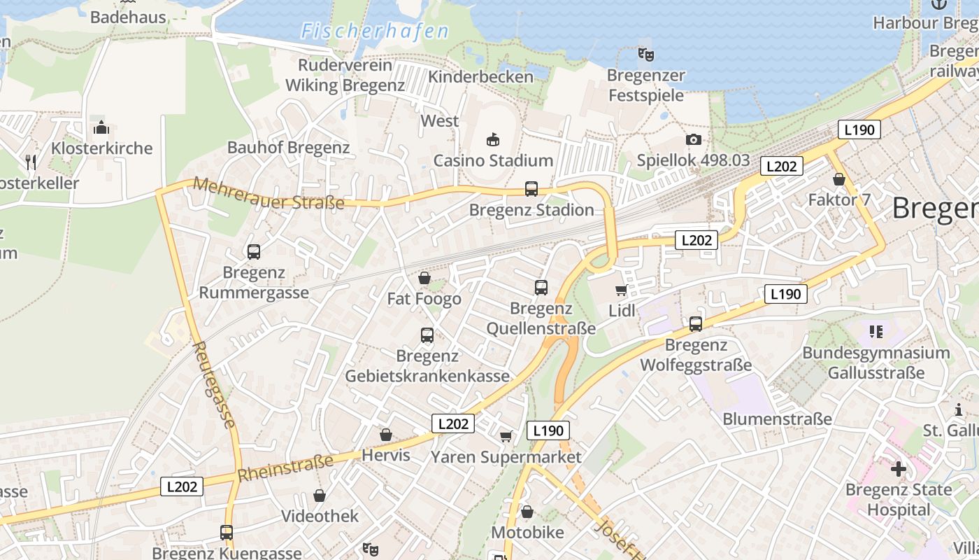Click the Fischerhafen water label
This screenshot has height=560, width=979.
coord(375,31)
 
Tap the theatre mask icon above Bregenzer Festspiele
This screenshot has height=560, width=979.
coord(645,54)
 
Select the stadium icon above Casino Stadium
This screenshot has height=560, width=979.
coord(493,139)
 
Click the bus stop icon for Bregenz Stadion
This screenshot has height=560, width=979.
coord(531,188)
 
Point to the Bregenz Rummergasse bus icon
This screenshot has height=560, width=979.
coord(254,251)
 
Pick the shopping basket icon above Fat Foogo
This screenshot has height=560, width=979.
coord(424,279)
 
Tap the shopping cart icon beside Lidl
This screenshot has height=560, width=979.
coord(621,290)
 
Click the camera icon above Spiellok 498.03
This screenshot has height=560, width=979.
coord(693,139)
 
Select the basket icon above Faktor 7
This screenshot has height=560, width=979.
coord(839,179)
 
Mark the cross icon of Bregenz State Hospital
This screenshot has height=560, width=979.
coord(899,468)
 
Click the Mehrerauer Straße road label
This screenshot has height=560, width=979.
coord(269,194)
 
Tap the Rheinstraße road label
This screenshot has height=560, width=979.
coord(285,468)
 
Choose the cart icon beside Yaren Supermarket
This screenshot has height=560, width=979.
coord(506,436)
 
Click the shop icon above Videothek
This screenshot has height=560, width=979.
coord(320,496)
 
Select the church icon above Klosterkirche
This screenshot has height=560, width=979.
coord(101,127)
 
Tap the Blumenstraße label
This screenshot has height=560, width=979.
coord(777,419)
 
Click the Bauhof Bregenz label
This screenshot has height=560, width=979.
coord(288,147)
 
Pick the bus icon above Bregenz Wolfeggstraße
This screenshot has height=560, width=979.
coord(695,323)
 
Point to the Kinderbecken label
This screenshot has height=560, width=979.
coord(480,76)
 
